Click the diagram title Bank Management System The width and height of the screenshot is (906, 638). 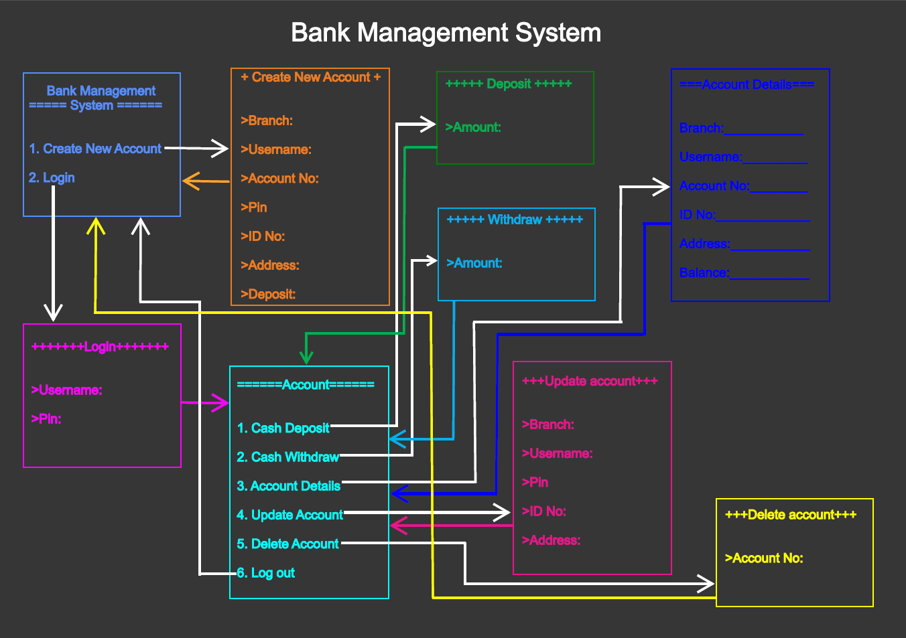[446, 33]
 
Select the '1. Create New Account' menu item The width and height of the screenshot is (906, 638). [95, 149]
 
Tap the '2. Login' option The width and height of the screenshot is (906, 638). [52, 177]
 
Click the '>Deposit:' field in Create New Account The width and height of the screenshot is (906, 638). [268, 294]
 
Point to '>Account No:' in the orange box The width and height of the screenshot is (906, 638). [279, 178]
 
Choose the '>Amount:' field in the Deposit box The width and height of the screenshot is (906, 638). [473, 127]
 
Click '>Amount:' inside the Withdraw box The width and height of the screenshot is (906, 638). [474, 263]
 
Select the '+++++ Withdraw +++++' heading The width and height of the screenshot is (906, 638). [515, 220]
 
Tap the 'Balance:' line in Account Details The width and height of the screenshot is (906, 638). [704, 272]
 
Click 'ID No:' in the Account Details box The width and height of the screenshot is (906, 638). [698, 215]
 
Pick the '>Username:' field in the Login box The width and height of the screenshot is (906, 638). [67, 390]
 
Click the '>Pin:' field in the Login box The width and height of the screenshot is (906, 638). [46, 418]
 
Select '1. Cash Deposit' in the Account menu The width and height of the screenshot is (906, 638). [283, 428]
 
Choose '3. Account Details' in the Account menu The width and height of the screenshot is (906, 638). [289, 486]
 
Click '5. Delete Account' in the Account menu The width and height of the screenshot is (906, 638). [288, 544]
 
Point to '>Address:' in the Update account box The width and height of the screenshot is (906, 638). [551, 540]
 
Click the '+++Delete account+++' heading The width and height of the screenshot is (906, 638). [791, 515]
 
